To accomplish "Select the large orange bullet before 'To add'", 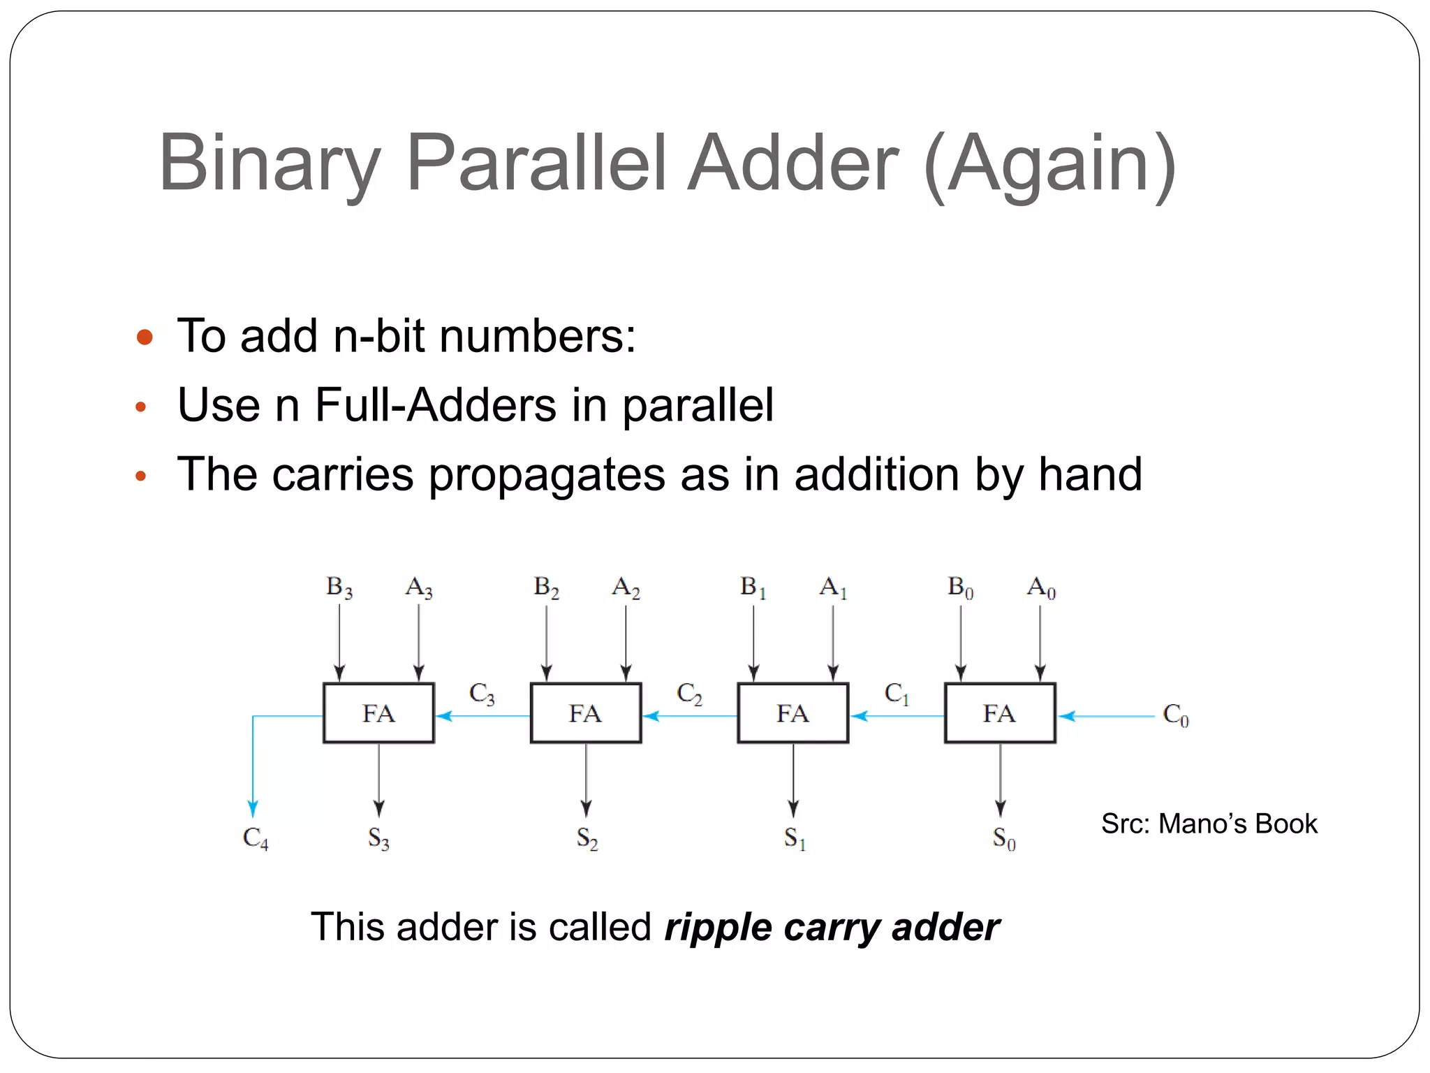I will tap(145, 337).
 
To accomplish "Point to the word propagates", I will tap(545, 475).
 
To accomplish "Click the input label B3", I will tap(339, 587).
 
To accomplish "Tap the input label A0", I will tap(1040, 587).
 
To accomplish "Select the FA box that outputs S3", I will tap(378, 713).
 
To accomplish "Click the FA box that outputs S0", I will tap(1000, 713).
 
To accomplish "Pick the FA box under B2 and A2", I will tap(586, 713).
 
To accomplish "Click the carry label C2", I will tap(688, 693).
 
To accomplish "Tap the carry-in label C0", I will tap(1175, 715).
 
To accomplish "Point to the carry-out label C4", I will tap(255, 837).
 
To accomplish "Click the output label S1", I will tap(794, 837).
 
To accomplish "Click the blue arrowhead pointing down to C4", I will tap(253, 809).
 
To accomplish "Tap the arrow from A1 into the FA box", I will tap(833, 643).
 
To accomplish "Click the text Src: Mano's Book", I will tap(1209, 824).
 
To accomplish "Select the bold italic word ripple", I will tap(718, 928).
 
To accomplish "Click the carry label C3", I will tap(481, 693).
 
